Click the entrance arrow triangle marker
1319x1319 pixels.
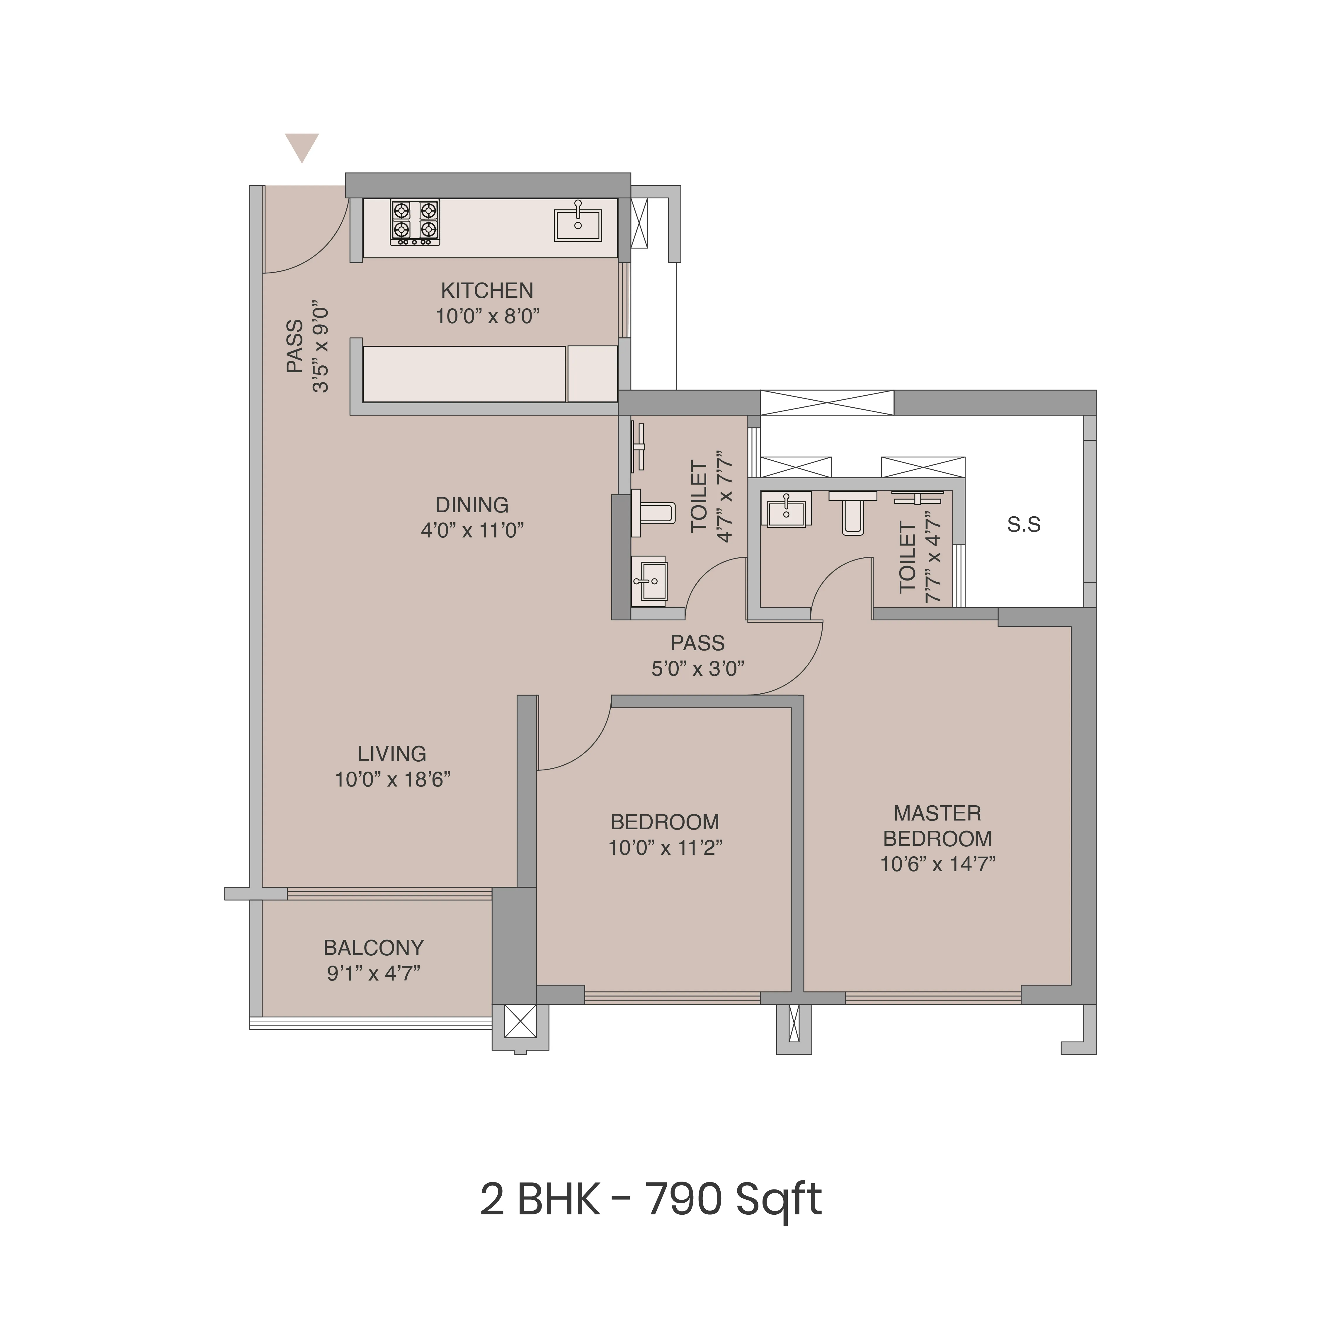[x=302, y=146]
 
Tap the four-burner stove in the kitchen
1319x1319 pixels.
[x=414, y=222]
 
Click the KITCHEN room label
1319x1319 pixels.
[x=487, y=291]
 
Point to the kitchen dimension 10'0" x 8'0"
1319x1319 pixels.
[x=487, y=317]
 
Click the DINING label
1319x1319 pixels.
[x=472, y=505]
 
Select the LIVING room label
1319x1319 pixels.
[x=392, y=754]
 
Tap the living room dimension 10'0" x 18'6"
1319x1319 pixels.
[x=393, y=780]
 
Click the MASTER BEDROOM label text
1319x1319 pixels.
[x=937, y=826]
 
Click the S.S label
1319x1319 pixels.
[x=1023, y=525]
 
